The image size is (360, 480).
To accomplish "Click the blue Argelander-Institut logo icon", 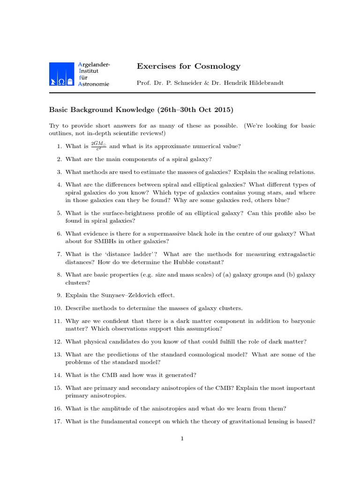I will (62, 74).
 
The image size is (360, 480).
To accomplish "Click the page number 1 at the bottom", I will (182, 438).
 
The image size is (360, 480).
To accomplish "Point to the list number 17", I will (57, 421).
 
